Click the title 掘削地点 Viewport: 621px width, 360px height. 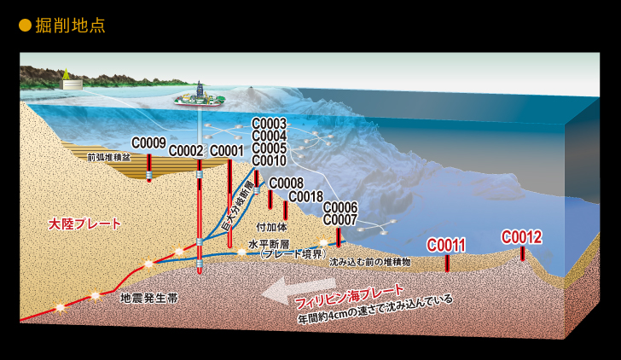click(x=70, y=26)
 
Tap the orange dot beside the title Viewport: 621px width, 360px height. click(x=25, y=26)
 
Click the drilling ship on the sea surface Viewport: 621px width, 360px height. click(x=200, y=97)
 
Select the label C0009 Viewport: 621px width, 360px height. click(x=148, y=143)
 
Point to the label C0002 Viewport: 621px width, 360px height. click(x=186, y=151)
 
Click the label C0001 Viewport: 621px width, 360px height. click(x=227, y=151)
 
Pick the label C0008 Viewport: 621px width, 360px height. click(x=287, y=183)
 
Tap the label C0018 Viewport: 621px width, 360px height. click(x=305, y=196)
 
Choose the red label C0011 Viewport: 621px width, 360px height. click(x=446, y=246)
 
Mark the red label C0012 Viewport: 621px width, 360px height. click(x=521, y=237)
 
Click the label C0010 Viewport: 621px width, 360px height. click(x=269, y=160)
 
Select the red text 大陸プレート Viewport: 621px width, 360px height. click(x=84, y=224)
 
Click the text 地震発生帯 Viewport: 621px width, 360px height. click(x=149, y=298)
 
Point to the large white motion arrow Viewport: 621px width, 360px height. click(x=299, y=290)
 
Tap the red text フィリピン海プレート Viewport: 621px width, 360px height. click(x=350, y=296)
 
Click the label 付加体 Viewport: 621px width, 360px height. click(x=271, y=227)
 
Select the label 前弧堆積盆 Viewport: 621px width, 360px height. click(x=109, y=158)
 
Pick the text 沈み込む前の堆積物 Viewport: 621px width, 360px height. click(x=370, y=262)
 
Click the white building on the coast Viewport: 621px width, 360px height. click(x=72, y=84)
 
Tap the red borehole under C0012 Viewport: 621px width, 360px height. click(x=522, y=253)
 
